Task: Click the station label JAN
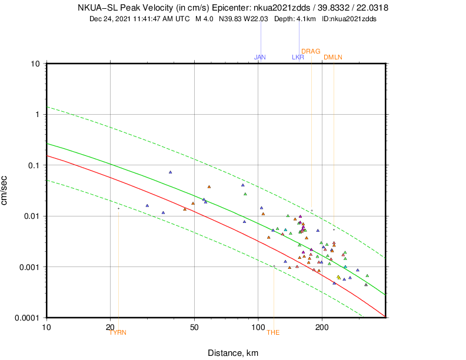point(260,57)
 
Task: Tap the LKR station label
point(298,57)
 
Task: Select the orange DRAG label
point(311,51)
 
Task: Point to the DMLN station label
point(333,57)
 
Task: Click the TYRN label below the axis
point(118,332)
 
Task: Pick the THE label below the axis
point(274,332)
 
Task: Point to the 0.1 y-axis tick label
point(33,165)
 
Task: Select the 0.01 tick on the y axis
point(31,216)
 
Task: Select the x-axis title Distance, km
point(233,353)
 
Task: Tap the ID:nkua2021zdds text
point(349,19)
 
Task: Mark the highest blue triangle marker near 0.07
point(170,172)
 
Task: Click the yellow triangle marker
point(338,277)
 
